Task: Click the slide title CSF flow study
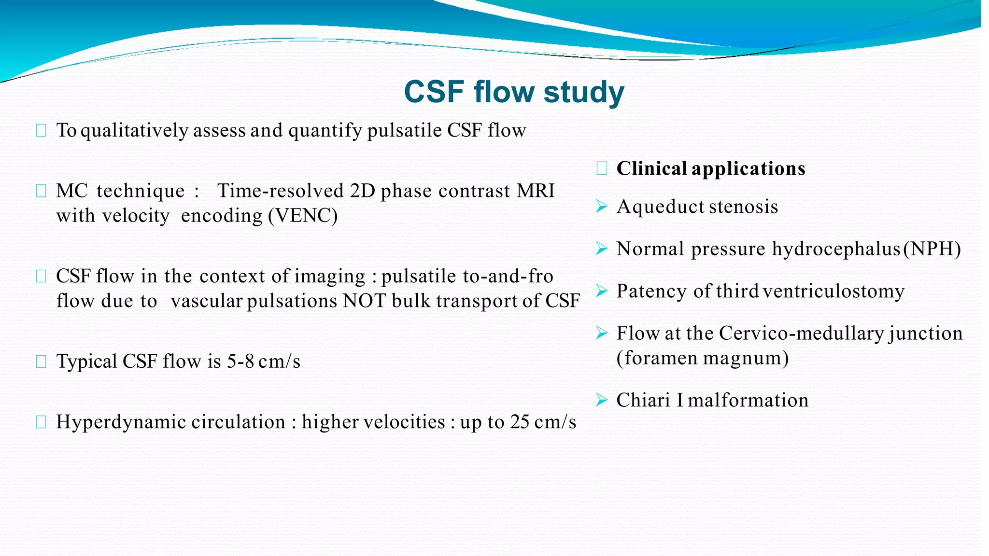coord(514,92)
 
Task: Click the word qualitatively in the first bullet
coord(134,131)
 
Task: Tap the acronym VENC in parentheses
coord(303,216)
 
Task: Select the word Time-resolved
coord(280,191)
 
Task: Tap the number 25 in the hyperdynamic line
coord(520,422)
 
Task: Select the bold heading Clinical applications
coord(711,169)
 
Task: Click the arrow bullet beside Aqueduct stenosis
coord(601,207)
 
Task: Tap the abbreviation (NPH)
coord(932,250)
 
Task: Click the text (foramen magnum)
coord(703,359)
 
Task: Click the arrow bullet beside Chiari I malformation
coord(601,400)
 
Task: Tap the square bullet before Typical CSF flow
coord(41,361)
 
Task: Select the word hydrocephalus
coord(836,250)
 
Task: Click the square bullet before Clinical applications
coord(602,168)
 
